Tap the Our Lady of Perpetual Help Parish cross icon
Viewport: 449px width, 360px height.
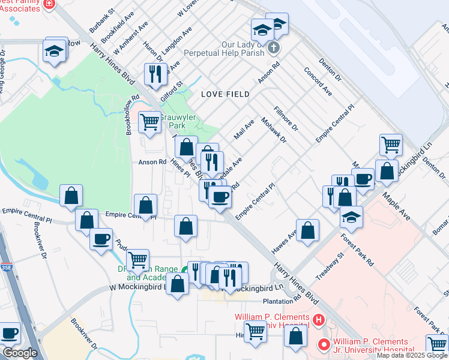click(x=273, y=47)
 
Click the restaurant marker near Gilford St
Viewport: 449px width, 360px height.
click(x=155, y=74)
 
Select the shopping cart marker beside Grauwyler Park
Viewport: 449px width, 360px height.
click(x=149, y=122)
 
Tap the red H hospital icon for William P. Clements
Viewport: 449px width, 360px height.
click(x=318, y=319)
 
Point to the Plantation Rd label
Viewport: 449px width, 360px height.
click(x=282, y=301)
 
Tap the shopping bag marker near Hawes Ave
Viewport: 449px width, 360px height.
click(x=307, y=230)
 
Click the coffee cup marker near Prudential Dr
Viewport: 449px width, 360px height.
click(x=101, y=239)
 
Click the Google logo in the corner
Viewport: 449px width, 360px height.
click(x=20, y=353)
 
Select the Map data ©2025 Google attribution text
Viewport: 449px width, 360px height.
click(x=412, y=355)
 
